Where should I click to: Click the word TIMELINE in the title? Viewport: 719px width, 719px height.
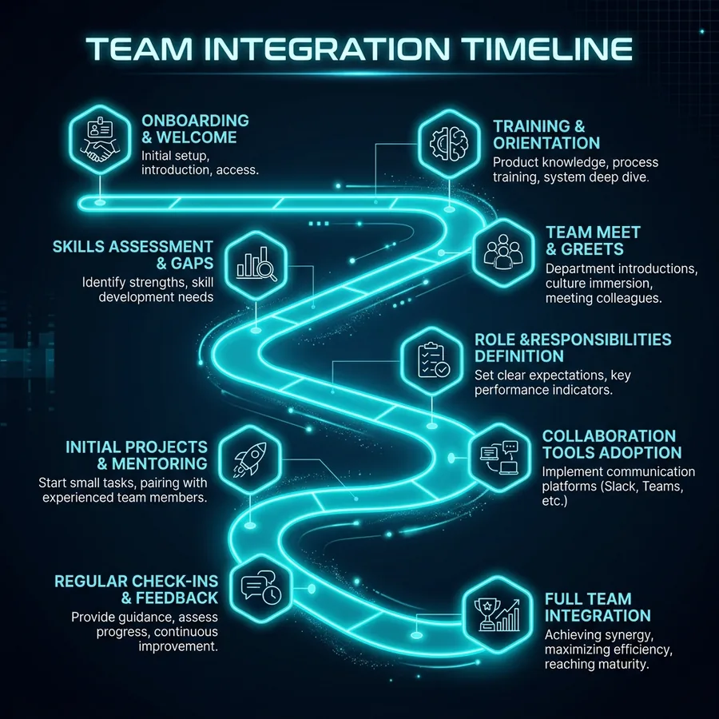click(546, 49)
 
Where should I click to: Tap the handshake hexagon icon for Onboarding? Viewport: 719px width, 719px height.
click(100, 139)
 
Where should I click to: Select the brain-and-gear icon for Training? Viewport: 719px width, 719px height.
click(449, 143)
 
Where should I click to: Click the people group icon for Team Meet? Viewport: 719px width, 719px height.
click(503, 252)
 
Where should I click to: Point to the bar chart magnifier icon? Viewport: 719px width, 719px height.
click(256, 265)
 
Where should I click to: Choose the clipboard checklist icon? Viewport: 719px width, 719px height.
click(432, 361)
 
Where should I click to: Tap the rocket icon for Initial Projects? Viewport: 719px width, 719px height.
click(250, 459)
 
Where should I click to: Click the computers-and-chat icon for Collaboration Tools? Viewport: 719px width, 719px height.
click(500, 458)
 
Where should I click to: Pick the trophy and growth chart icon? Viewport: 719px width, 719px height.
click(498, 614)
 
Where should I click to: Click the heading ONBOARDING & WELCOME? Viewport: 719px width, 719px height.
click(196, 129)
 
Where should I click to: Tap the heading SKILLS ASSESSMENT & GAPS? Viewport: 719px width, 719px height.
click(133, 255)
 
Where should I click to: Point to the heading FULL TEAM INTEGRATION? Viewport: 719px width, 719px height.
click(598, 607)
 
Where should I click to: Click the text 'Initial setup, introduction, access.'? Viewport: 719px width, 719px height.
click(200, 163)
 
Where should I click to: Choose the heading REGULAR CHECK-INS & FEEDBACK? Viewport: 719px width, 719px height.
click(136, 590)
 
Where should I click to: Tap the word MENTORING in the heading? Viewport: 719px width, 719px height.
click(160, 463)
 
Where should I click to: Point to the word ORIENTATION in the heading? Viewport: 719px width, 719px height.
click(546, 143)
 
